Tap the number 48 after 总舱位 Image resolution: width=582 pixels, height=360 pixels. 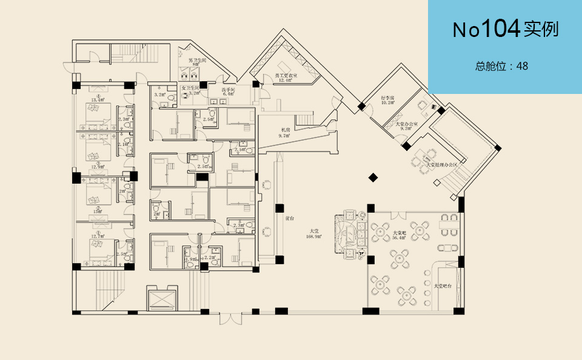(522, 66)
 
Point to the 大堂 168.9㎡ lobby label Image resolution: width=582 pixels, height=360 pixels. (314, 233)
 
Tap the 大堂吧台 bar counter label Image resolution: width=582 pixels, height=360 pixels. (444, 285)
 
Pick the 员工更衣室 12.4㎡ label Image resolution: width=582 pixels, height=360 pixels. (286, 77)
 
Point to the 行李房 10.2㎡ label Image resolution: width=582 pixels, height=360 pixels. (388, 100)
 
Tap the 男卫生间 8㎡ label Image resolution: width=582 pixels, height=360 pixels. (196, 62)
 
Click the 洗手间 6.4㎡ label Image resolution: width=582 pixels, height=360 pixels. (229, 92)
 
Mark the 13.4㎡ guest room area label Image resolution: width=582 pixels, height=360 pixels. (98, 99)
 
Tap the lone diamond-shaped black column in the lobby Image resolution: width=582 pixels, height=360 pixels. (373, 178)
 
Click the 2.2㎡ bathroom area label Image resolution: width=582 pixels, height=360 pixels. (210, 258)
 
